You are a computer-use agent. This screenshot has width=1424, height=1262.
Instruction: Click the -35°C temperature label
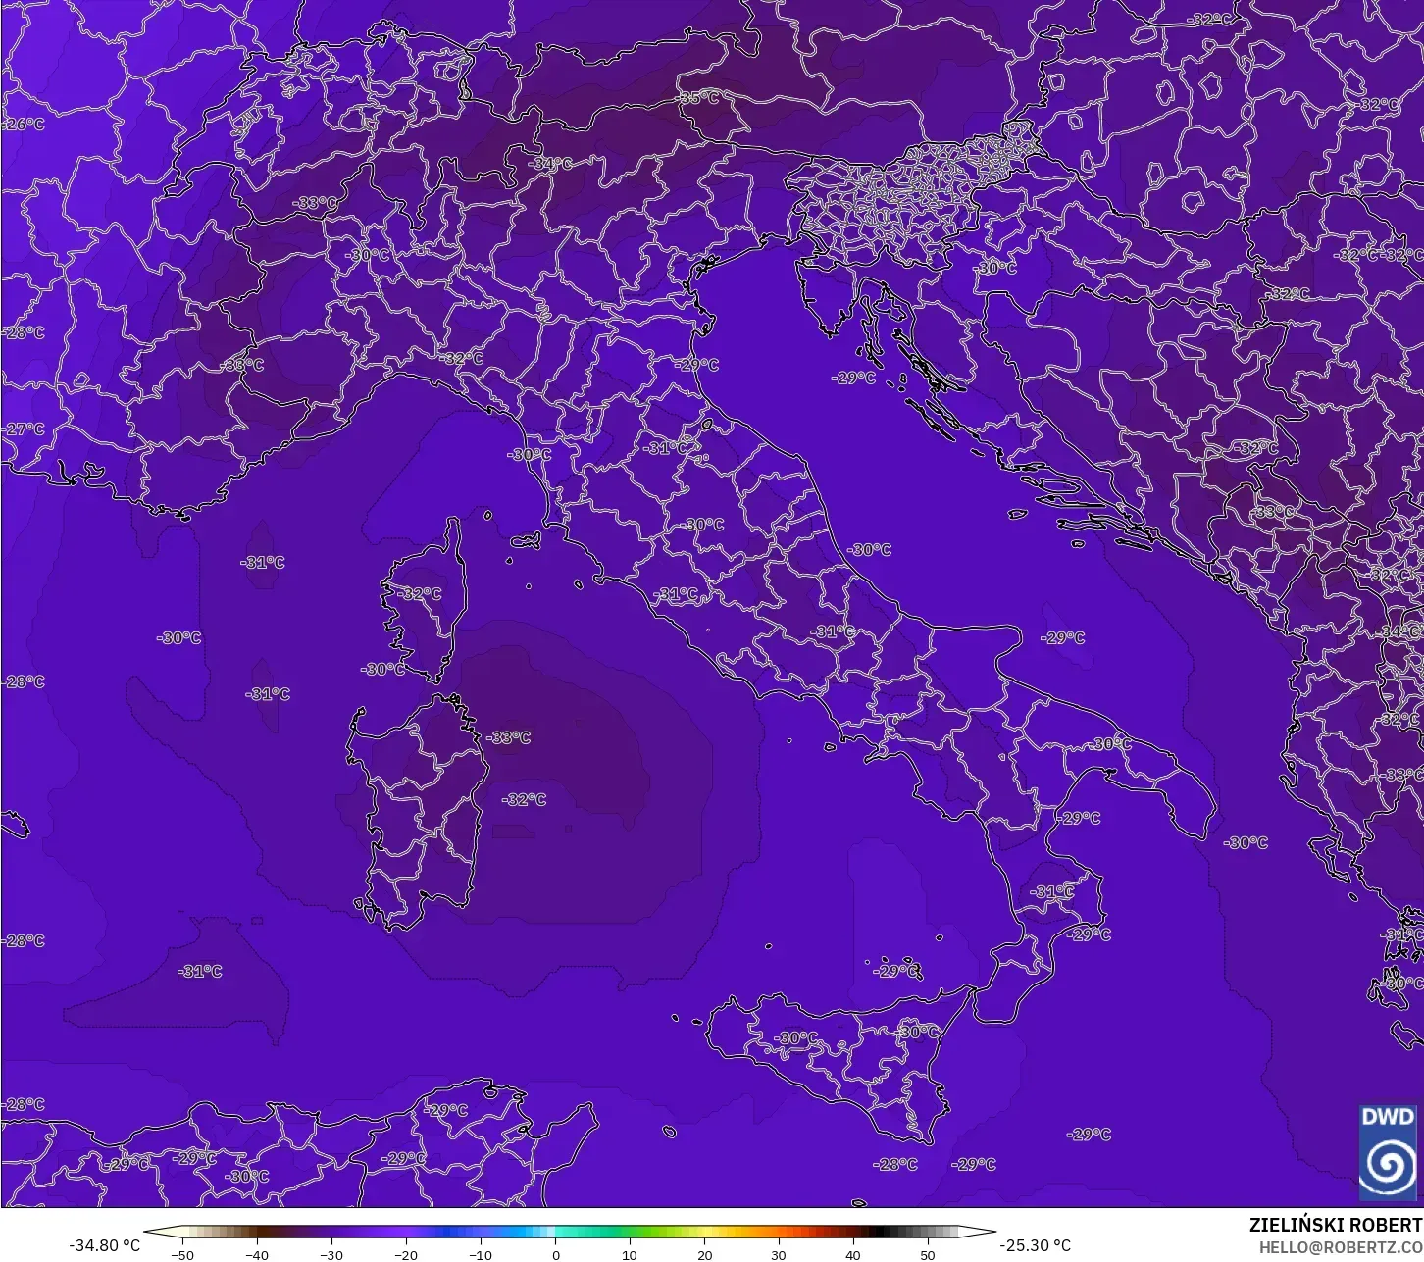(699, 98)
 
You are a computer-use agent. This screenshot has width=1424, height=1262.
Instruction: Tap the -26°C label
(25, 125)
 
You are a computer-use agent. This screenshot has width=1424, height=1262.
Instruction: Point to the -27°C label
(25, 429)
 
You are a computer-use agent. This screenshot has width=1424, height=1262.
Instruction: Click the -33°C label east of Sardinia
(509, 737)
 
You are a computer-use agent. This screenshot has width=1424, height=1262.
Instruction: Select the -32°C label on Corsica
(421, 594)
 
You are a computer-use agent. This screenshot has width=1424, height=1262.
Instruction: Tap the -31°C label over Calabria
(1053, 892)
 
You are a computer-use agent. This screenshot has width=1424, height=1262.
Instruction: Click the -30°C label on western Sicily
(795, 1037)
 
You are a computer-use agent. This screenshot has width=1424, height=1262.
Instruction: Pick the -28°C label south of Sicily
(895, 1164)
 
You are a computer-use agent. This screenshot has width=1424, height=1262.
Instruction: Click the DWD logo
(1388, 1153)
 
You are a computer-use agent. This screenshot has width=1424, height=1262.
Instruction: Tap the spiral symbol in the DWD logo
(1388, 1165)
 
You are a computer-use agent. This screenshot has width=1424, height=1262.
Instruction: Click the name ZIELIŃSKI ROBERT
(1336, 1226)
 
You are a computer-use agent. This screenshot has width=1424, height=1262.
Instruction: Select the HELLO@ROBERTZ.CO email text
(1341, 1247)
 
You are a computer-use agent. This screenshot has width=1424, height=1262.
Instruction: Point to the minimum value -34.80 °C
(105, 1245)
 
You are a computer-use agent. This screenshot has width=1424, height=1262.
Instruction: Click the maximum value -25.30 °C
(1035, 1245)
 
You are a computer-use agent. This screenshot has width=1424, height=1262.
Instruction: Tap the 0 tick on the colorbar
(555, 1254)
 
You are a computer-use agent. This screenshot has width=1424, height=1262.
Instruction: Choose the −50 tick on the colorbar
(181, 1254)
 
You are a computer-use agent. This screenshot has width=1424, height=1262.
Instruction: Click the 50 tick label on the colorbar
(928, 1254)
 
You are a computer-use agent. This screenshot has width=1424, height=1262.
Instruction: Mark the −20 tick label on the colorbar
(405, 1254)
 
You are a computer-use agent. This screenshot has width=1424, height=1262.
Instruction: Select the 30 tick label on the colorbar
(779, 1254)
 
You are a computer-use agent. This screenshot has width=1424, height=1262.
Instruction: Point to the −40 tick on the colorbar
(256, 1254)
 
